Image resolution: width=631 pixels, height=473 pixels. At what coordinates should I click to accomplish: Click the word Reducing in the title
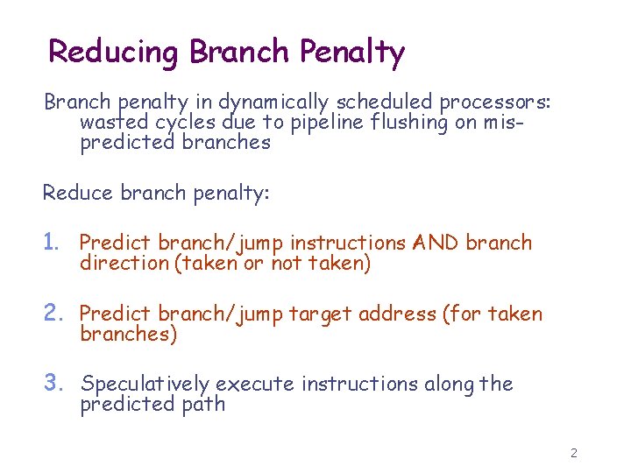coord(115,52)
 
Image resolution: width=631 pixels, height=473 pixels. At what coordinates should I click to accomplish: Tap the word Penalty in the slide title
coord(351,52)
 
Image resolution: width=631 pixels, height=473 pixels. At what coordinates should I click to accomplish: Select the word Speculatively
coord(145,384)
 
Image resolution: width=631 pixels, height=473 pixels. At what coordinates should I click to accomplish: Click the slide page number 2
coord(573,453)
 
